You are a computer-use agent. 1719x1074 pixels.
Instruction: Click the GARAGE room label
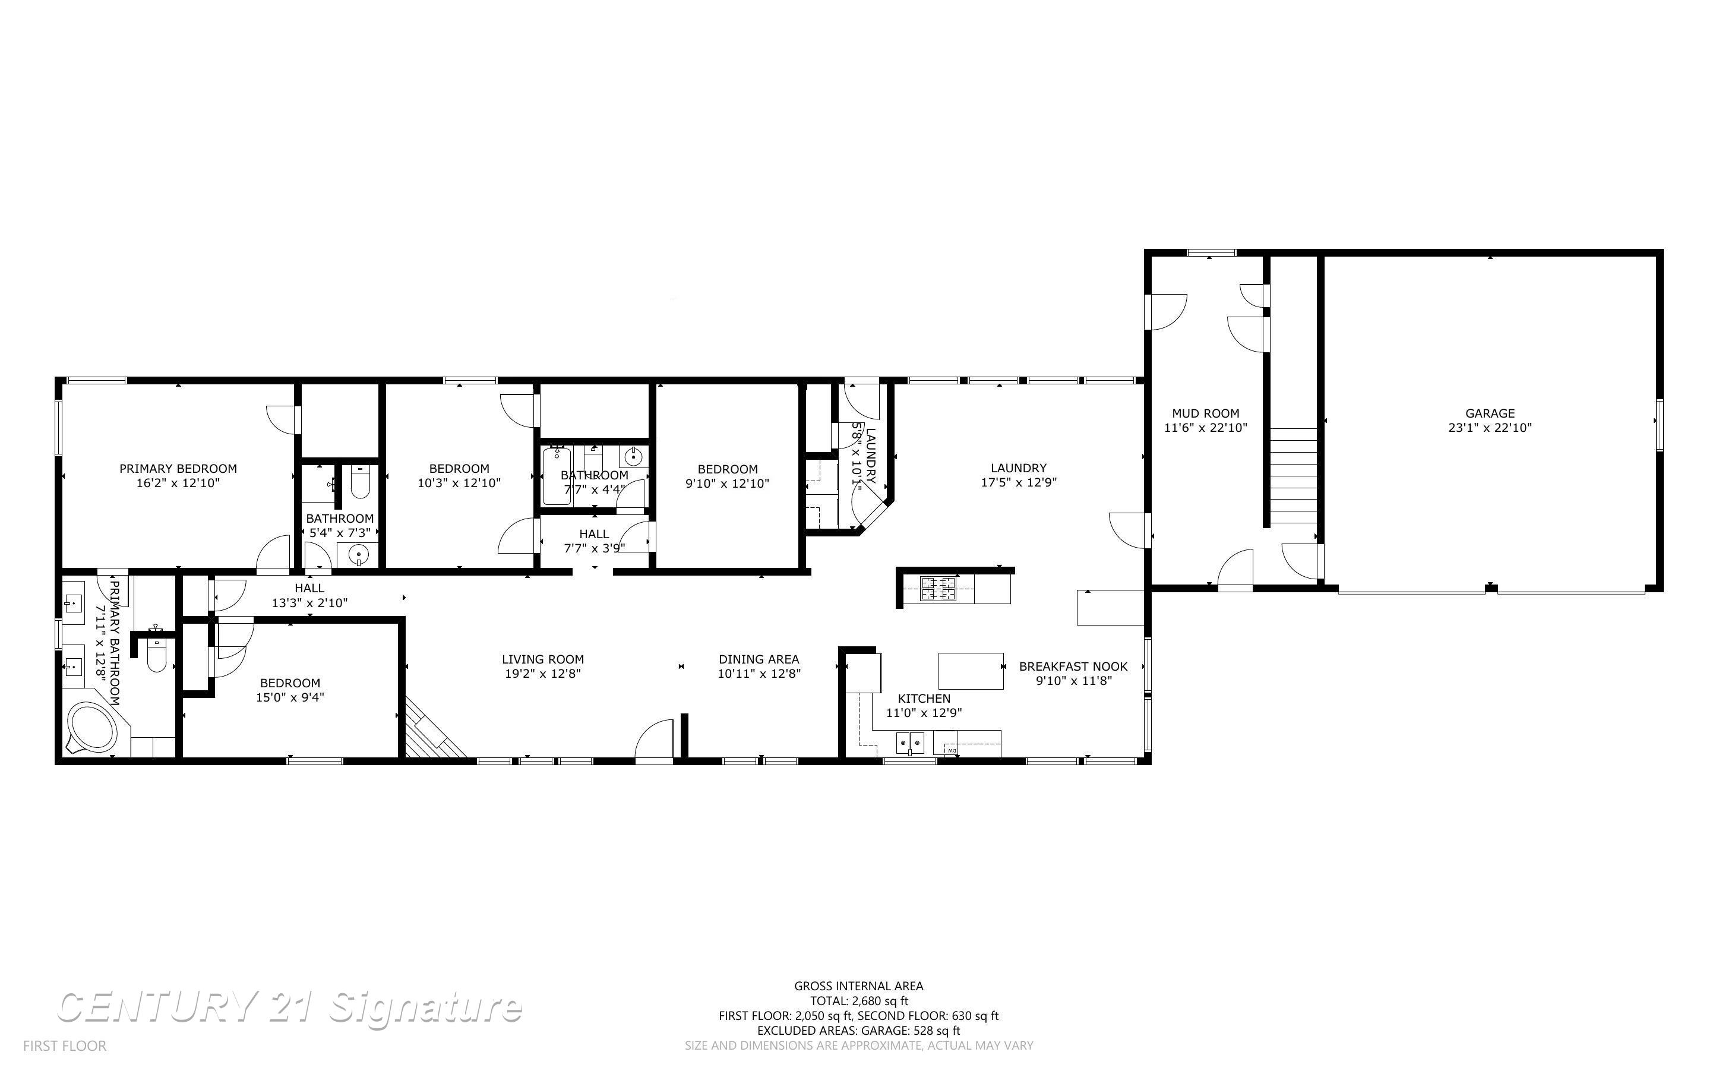1489,413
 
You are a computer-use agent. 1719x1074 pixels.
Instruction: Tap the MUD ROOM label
1205,413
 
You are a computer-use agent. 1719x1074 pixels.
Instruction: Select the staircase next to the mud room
1293,476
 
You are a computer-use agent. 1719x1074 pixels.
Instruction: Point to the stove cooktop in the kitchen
938,589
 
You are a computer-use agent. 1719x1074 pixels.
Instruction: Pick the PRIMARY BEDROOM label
178,468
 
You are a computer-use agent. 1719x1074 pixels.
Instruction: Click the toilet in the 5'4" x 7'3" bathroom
360,482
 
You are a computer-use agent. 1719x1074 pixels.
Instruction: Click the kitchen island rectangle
971,671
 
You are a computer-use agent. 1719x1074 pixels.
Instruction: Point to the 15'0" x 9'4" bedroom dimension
290,697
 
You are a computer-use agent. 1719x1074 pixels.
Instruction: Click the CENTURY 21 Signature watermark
289,1007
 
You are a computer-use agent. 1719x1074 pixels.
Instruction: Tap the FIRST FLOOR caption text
65,1045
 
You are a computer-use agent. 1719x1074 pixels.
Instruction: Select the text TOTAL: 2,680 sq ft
858,1001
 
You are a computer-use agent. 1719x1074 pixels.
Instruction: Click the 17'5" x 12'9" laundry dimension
1019,482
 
